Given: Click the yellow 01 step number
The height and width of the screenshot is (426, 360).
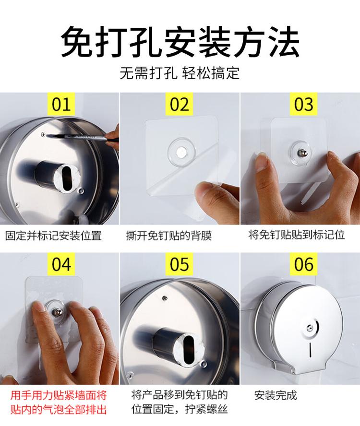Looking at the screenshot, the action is click(x=61, y=104).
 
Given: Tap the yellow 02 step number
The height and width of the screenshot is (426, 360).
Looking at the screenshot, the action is click(x=179, y=104).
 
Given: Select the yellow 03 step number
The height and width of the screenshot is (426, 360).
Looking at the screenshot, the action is click(x=304, y=104).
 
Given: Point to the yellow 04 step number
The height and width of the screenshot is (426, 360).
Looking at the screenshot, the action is click(x=61, y=264).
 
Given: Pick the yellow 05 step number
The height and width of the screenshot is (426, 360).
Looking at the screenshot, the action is click(x=179, y=264).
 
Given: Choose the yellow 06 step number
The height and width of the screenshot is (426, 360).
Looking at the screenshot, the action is click(x=304, y=264).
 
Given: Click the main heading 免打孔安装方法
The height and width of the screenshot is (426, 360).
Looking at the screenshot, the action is click(x=180, y=42).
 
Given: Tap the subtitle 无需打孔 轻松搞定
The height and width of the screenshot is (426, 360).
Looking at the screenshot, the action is click(x=180, y=73).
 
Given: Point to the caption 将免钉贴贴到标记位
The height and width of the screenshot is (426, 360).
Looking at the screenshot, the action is click(x=297, y=235).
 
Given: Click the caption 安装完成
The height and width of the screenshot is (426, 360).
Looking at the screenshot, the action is click(x=276, y=395).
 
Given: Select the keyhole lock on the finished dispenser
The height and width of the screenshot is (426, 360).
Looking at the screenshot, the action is click(x=310, y=328).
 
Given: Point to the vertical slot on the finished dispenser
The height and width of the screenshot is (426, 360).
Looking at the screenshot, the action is click(x=310, y=350).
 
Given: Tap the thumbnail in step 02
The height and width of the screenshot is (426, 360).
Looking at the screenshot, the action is click(x=203, y=189).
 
